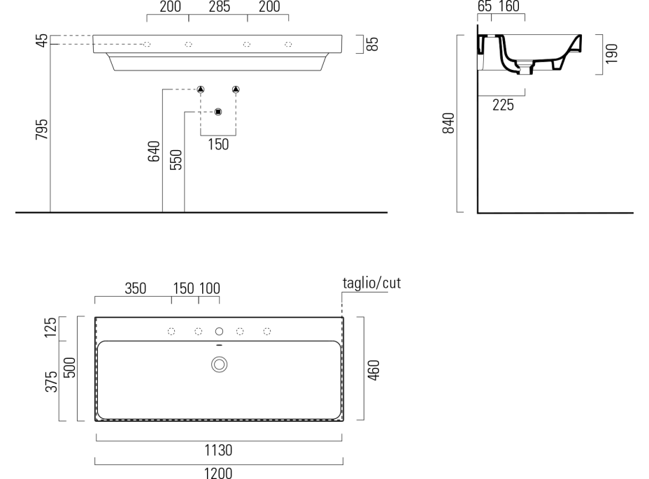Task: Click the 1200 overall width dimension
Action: click(x=218, y=473)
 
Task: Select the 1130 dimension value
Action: click(x=218, y=450)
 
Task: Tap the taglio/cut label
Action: click(x=371, y=283)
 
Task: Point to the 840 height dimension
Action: click(x=449, y=123)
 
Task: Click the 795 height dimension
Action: click(x=42, y=129)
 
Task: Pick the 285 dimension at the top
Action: click(x=219, y=6)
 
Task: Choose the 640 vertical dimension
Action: click(x=154, y=152)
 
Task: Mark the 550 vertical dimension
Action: click(x=176, y=160)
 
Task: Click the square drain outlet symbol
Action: click(x=218, y=112)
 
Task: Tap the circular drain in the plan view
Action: click(x=219, y=364)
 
